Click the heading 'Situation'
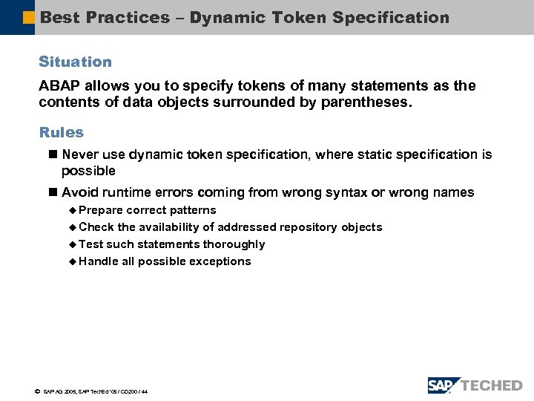click(75, 62)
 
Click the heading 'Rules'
click(61, 132)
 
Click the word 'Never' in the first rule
click(79, 154)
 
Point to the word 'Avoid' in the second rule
click(79, 192)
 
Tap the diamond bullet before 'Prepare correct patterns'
click(72, 210)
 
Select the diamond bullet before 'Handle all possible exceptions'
click(72, 261)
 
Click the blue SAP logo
click(443, 385)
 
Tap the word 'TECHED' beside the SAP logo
click(492, 385)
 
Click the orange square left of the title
click(29, 17)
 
